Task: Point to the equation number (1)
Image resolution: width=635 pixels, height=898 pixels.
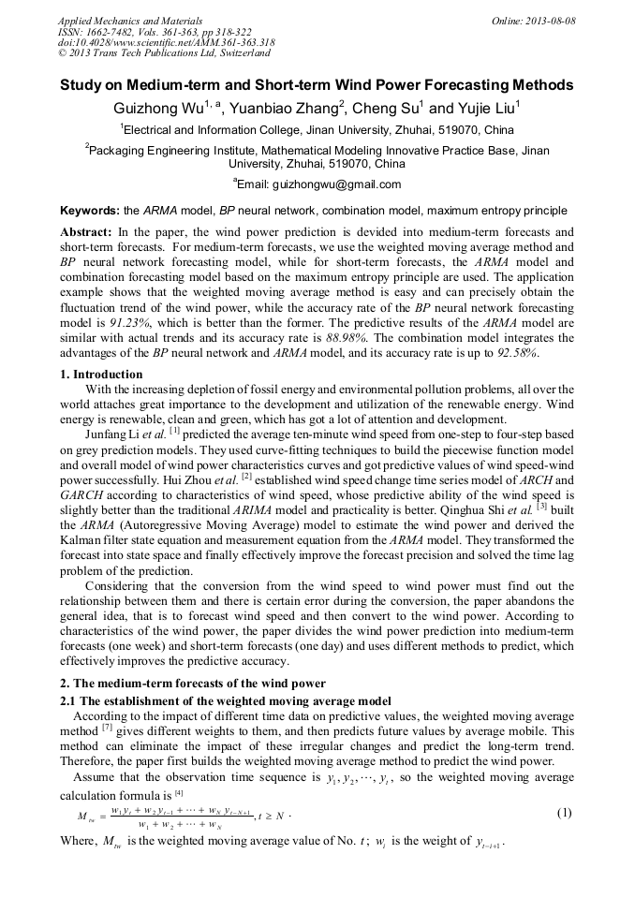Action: pyautogui.click(x=564, y=813)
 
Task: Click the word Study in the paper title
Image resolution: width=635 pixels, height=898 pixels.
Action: pyautogui.click(x=81, y=85)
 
